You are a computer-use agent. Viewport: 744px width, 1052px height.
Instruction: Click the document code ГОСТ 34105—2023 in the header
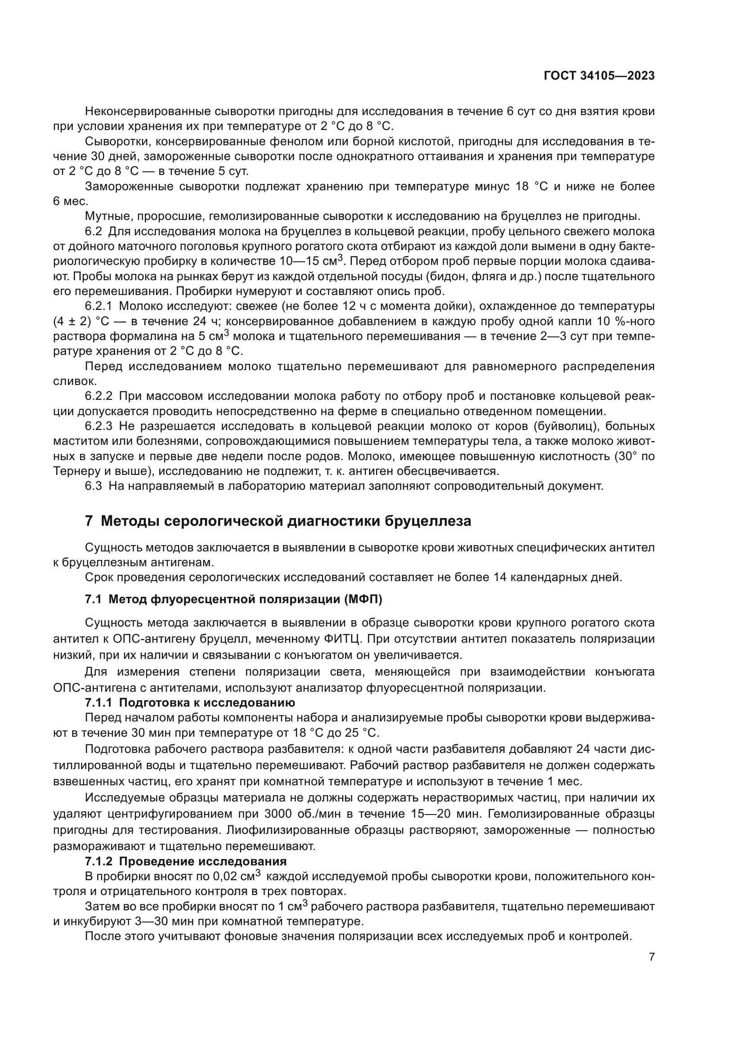pos(599,76)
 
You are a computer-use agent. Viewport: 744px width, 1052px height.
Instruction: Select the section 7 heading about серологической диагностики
pos(278,521)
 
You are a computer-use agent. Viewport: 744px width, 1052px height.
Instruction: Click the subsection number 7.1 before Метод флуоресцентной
pos(93,599)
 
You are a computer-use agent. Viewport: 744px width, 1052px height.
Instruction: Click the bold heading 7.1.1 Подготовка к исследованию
pos(190,703)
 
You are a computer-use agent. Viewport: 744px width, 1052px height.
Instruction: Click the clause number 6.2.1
pos(99,305)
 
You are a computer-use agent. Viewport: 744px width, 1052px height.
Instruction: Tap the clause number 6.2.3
pos(99,426)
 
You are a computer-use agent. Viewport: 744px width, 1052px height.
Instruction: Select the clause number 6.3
pos(93,486)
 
